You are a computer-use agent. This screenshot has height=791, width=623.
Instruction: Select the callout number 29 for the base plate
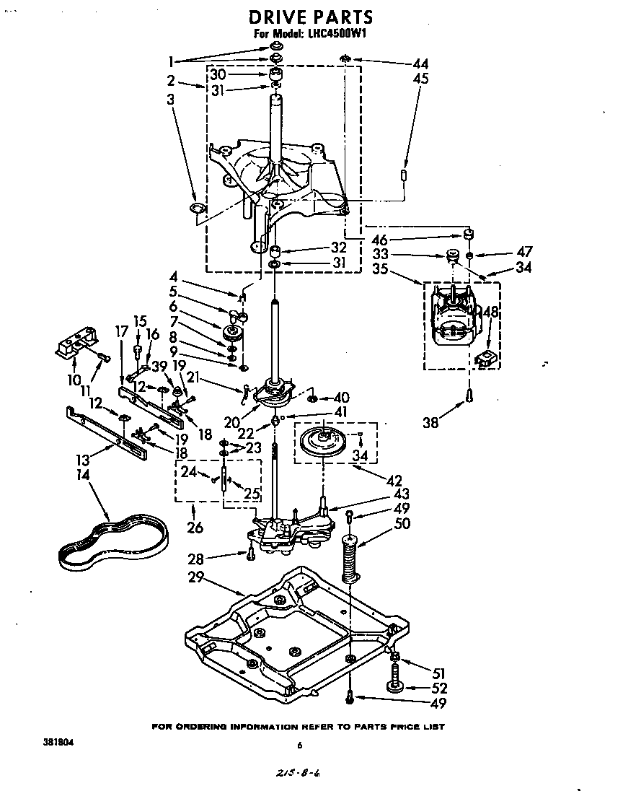click(195, 577)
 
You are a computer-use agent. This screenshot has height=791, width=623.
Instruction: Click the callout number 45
click(420, 79)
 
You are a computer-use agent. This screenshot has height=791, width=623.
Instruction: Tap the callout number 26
click(195, 528)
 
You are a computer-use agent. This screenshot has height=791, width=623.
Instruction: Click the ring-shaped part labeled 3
click(195, 209)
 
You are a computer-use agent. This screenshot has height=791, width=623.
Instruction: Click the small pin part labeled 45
click(405, 175)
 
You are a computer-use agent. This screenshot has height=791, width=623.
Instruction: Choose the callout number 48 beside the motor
click(490, 313)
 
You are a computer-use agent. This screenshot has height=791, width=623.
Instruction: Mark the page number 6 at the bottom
click(299, 746)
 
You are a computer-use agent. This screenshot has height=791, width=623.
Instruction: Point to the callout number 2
click(171, 80)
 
